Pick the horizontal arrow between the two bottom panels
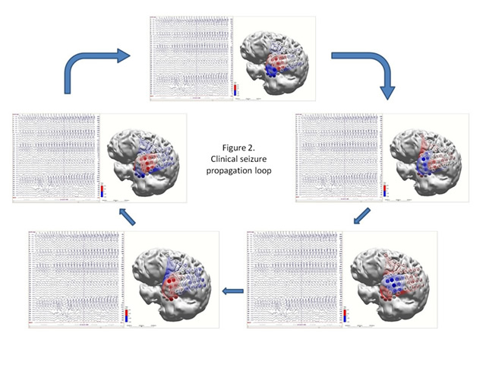click(233, 290)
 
